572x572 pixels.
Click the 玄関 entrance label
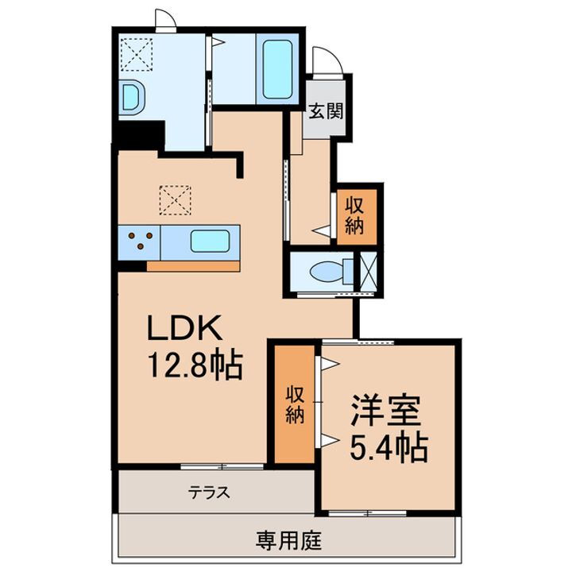tap(325, 111)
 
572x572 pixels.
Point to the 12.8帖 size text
tap(192, 365)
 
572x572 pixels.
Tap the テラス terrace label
tap(209, 493)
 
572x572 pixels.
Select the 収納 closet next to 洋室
tap(295, 405)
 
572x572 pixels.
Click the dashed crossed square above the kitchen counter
tap(176, 199)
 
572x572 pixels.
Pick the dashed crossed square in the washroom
tap(131, 53)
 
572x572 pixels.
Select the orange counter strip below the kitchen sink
tap(194, 265)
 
